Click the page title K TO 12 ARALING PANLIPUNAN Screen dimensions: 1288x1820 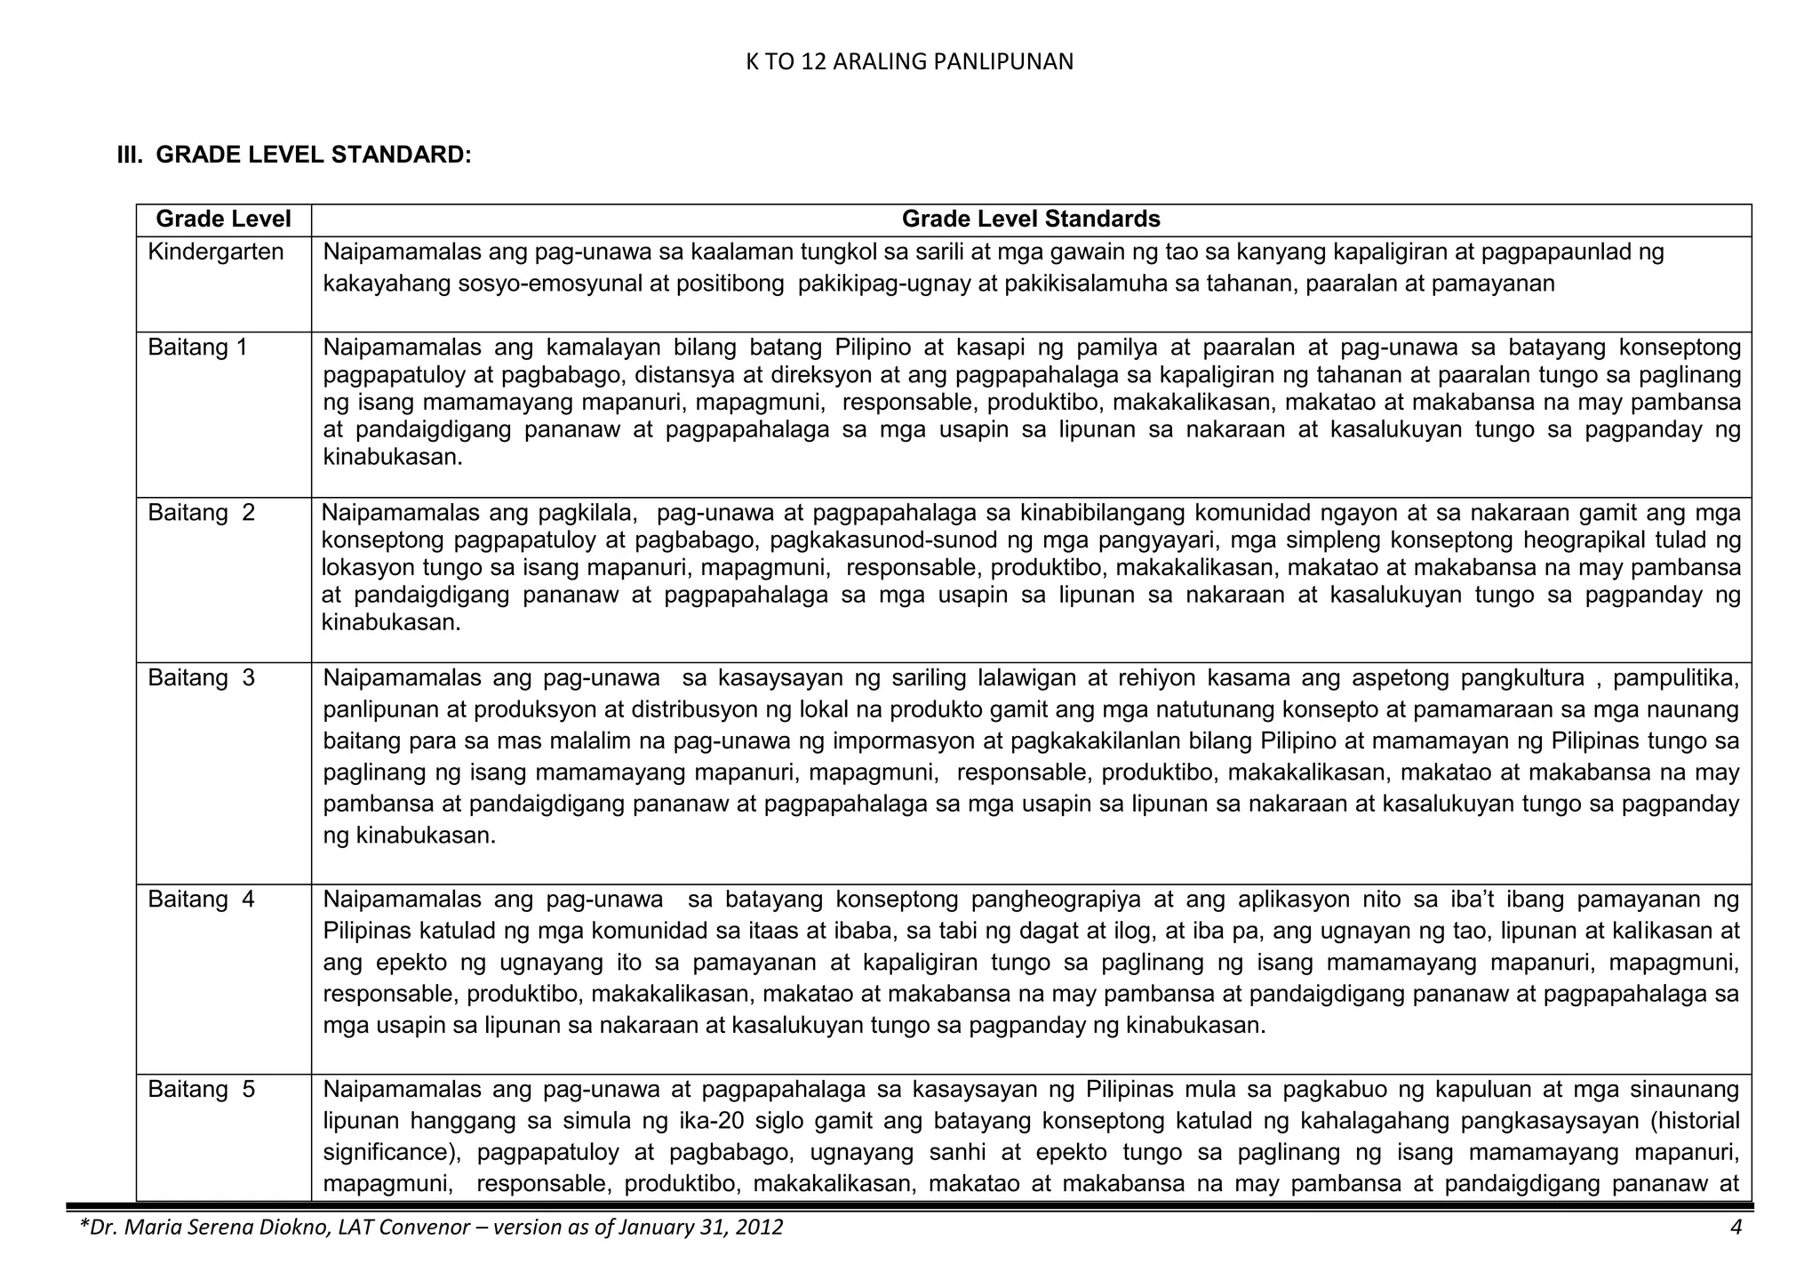pyautogui.click(x=909, y=61)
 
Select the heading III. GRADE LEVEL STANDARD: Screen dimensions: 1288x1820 pyautogui.click(x=294, y=155)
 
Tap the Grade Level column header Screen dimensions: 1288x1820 pyautogui.click(x=223, y=219)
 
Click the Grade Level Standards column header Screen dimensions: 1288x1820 pyautogui.click(x=1031, y=219)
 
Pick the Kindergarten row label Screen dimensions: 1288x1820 pyautogui.click(x=215, y=252)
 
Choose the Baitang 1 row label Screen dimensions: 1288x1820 pyautogui.click(x=197, y=348)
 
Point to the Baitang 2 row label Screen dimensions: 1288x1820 pyautogui.click(x=201, y=513)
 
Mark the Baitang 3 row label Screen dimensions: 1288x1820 pyautogui.click(x=201, y=678)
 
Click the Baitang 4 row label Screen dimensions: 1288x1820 pyautogui.click(x=201, y=900)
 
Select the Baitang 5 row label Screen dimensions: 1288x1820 pyautogui.click(x=201, y=1090)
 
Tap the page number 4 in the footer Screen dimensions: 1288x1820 pyautogui.click(x=1736, y=1228)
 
